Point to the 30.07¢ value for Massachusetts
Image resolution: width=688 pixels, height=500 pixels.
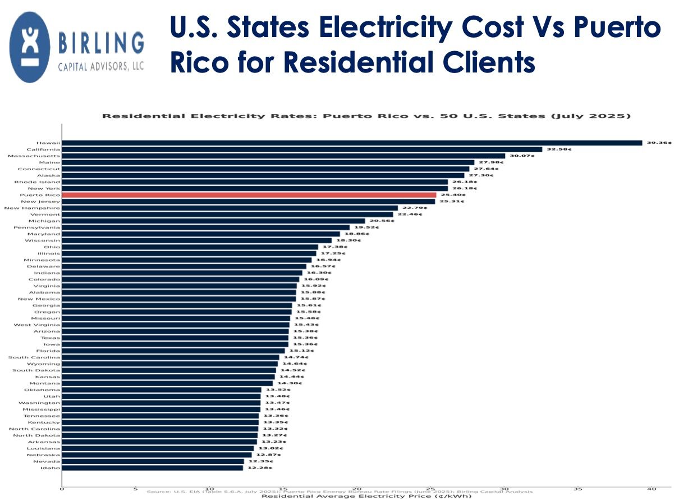point(522,156)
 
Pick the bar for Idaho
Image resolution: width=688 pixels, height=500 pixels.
point(152,468)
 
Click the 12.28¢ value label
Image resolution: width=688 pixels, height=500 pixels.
point(260,468)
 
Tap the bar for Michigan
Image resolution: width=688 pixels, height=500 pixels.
point(213,221)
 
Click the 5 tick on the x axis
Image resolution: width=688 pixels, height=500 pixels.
point(135,489)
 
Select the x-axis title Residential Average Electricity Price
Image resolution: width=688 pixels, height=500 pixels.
point(366,496)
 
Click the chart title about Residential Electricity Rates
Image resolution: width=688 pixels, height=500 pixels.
point(366,116)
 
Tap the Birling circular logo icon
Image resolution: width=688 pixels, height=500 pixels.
point(30,47)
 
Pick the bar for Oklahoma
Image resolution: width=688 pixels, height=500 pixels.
point(161,390)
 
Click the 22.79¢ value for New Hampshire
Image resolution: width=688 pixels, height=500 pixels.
point(414,208)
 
